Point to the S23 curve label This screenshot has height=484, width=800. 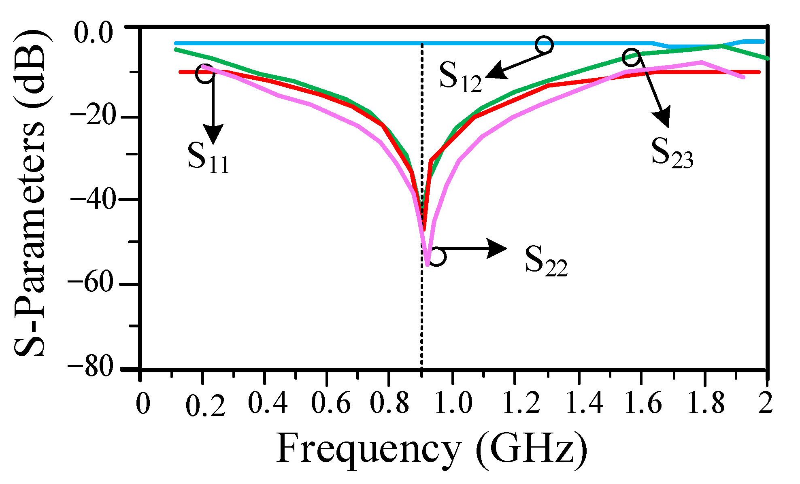tap(672, 153)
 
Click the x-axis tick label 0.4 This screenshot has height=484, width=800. tap(268, 403)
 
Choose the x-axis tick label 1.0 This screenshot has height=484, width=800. tap(453, 403)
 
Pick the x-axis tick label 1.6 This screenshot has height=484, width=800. tap(643, 403)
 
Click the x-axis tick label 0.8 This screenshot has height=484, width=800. tap(390, 403)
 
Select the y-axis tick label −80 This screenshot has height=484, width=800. tap(92, 368)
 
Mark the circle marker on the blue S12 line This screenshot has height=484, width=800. tap(544, 45)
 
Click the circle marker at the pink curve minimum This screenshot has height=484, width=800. tap(437, 257)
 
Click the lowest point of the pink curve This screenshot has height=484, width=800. tap(427, 265)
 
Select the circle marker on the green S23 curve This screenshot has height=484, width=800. tap(632, 57)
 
